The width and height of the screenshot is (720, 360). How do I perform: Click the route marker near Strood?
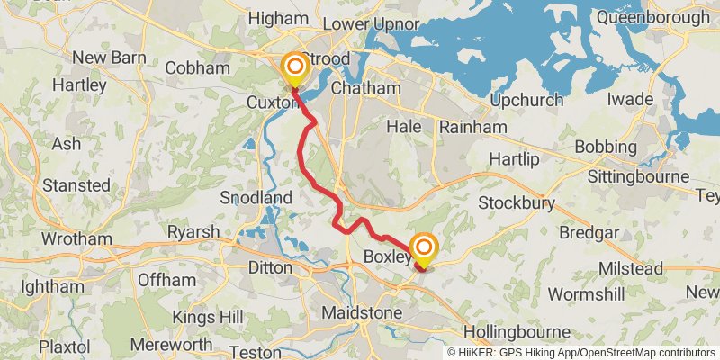(x=294, y=67)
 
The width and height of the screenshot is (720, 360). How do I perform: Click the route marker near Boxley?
(x=423, y=247)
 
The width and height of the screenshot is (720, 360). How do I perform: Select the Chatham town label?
(x=365, y=88)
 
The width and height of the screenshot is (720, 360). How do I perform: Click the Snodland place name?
(x=256, y=198)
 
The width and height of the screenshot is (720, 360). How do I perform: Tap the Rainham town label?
(x=472, y=128)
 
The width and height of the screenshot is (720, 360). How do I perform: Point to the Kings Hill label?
(x=184, y=317)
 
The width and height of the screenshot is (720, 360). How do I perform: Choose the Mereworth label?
(x=171, y=344)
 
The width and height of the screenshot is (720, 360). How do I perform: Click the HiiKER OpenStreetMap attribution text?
(x=581, y=353)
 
